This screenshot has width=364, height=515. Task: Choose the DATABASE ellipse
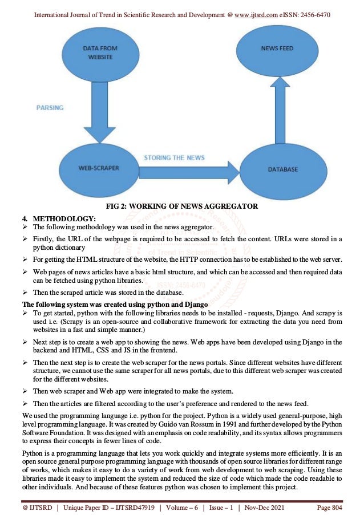pos(283,169)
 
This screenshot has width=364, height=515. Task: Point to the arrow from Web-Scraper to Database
pos(188,169)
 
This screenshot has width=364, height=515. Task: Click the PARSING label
pos(50,107)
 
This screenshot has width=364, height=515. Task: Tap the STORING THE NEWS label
pos(174,157)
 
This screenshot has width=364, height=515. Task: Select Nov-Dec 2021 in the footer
pos(266,506)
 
